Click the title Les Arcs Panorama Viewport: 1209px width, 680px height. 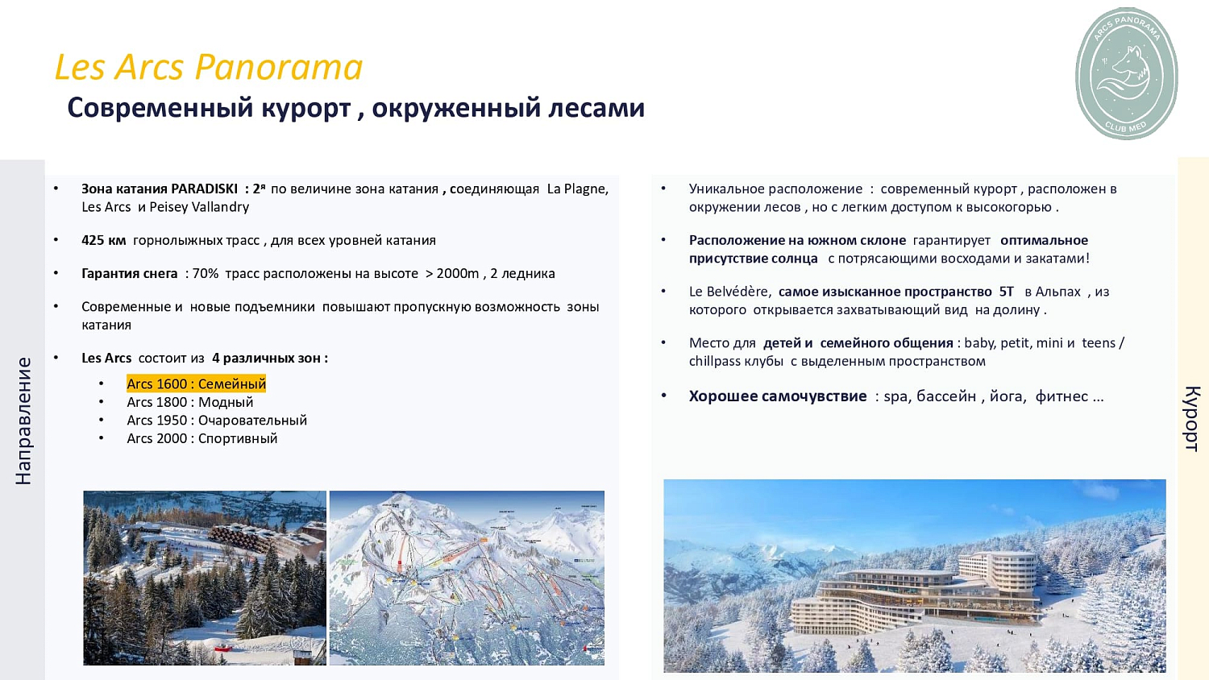[208, 67]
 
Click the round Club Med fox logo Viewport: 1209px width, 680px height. [1126, 73]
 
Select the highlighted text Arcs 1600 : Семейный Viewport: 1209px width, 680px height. [196, 384]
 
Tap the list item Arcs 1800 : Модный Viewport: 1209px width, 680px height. [189, 402]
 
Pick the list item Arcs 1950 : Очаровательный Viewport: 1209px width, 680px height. [216, 421]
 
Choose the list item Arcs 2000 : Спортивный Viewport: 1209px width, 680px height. [201, 438]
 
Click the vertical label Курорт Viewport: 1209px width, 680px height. [1192, 418]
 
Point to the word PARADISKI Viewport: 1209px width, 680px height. [204, 189]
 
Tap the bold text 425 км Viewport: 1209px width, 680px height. [103, 240]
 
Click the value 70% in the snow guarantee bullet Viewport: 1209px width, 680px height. [206, 274]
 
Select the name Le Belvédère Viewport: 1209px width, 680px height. [729, 292]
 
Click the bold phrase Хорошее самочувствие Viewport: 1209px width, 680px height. [777, 396]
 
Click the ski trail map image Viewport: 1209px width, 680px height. [467, 578]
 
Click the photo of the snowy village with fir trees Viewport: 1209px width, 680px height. [205, 578]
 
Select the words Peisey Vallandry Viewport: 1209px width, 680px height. [199, 207]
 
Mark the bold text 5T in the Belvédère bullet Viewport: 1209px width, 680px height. [1006, 292]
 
